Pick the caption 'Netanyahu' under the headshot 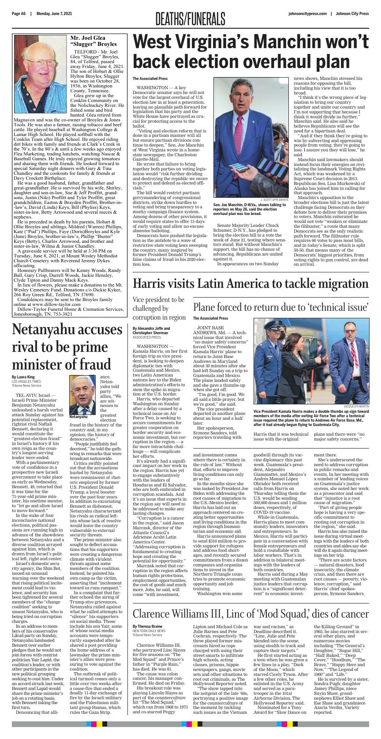(78, 417)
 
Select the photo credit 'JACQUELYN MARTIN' (356, 406)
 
